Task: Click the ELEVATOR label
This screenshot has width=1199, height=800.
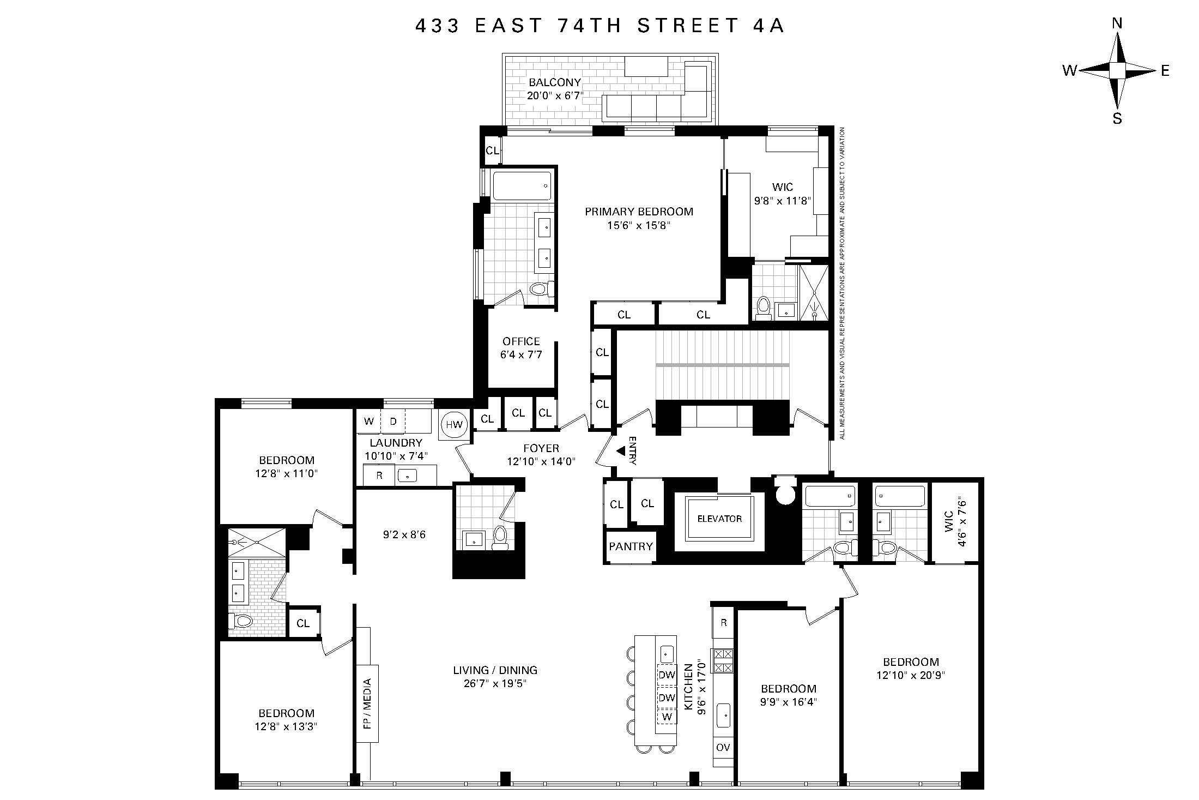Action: tap(719, 519)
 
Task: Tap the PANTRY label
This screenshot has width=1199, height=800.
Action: tap(631, 546)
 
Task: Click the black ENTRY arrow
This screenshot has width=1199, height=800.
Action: tap(620, 451)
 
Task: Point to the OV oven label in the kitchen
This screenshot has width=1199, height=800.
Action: tap(723, 747)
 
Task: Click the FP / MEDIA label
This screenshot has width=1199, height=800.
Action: tap(367, 703)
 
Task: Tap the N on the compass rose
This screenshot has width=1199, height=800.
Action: tap(1117, 38)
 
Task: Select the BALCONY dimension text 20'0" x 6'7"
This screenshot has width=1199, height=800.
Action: tap(555, 96)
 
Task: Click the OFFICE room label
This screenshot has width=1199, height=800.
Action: tap(521, 341)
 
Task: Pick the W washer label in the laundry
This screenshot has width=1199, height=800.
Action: tap(369, 422)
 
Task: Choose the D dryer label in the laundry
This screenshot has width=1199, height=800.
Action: tap(393, 422)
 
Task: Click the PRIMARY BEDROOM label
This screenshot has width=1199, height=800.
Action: tap(639, 212)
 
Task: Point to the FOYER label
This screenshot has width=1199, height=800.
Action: tap(541, 448)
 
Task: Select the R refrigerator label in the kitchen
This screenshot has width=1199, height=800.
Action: tap(723, 623)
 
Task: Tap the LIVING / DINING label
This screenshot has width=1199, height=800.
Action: tap(495, 670)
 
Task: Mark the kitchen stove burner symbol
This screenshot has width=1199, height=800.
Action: tap(723, 660)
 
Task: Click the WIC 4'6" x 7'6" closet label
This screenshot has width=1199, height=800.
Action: tap(954, 521)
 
